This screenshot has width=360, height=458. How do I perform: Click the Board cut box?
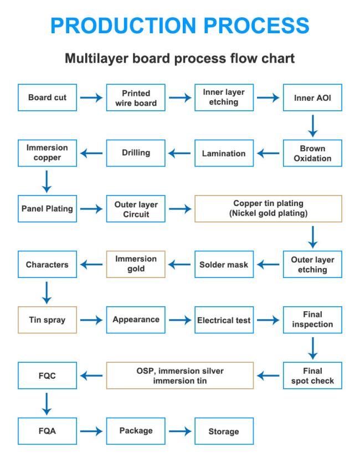point(47,97)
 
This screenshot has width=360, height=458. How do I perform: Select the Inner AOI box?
point(312,97)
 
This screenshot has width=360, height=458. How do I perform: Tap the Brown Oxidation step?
point(312,153)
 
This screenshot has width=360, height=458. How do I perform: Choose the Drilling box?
point(136,153)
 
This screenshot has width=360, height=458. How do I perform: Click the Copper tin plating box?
point(268,209)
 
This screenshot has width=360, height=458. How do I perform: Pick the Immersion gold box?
point(136,264)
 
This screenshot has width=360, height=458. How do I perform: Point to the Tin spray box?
point(47,320)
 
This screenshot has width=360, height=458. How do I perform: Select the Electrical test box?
point(224,320)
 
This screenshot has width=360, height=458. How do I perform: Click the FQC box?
point(47,375)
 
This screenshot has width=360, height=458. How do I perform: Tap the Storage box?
point(224,431)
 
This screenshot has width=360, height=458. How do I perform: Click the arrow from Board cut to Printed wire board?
point(91,97)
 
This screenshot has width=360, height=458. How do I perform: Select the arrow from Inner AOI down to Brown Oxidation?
point(313,126)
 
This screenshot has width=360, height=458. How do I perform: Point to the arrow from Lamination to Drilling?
point(179,153)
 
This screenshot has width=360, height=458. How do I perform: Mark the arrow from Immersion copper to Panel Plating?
point(47,182)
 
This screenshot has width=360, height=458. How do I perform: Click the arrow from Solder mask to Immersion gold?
point(179,264)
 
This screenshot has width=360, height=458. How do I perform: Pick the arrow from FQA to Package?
point(91,431)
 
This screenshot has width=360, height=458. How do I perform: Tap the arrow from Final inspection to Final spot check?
point(313,348)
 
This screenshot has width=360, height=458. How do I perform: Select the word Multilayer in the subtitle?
point(96,58)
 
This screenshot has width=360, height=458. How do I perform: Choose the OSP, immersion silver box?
point(180,375)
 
